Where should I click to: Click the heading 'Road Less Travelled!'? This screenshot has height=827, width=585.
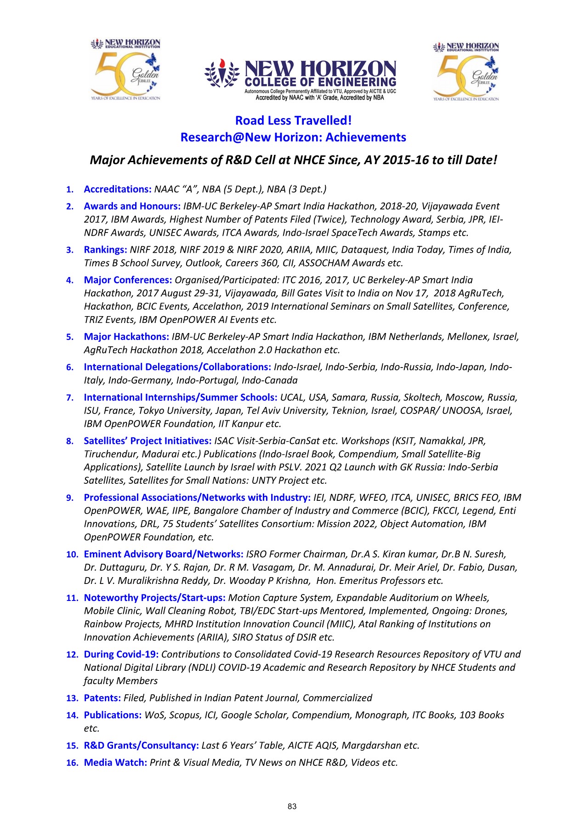tap(293, 120)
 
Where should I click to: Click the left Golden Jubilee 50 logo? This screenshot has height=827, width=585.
tap(125, 70)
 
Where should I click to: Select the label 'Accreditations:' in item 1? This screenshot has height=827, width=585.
tap(117, 189)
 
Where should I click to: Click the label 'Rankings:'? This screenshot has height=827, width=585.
tap(105, 250)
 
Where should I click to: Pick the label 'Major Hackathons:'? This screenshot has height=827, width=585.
tap(126, 337)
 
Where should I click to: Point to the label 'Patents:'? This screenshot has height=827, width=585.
tap(102, 698)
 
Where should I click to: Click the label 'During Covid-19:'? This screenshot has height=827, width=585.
tap(121, 654)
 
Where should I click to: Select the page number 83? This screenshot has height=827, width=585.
tap(292, 806)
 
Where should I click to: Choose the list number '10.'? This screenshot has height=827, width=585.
tap(72, 555)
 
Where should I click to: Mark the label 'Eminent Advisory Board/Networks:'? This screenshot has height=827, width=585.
tap(163, 555)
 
